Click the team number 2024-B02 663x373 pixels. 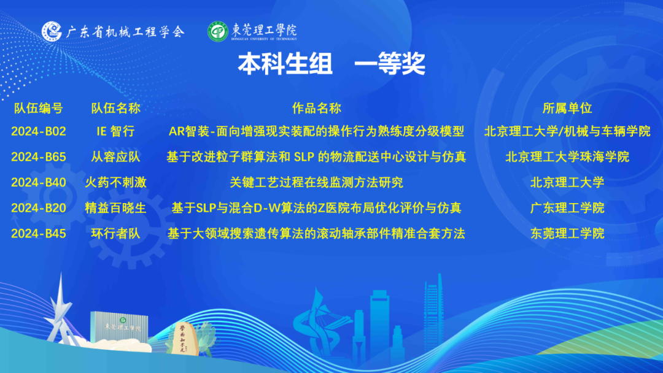39,131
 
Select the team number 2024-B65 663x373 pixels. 39,157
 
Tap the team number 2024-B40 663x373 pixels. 39,182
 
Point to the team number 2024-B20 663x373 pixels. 39,208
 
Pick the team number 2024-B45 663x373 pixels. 39,234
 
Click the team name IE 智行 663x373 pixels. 115,131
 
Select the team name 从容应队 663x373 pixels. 115,157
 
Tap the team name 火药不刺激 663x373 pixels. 115,182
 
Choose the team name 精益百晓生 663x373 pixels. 115,208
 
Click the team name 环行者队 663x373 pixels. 115,234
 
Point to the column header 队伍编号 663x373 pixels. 39,108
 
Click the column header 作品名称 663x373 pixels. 316,108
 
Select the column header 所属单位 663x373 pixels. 567,108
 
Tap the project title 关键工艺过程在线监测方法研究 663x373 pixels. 316,182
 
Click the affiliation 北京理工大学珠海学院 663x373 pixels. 567,157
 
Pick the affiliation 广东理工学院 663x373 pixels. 567,208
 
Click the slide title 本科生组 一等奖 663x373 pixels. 331,64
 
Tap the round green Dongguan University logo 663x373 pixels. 218,31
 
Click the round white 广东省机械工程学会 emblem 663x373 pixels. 52,31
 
